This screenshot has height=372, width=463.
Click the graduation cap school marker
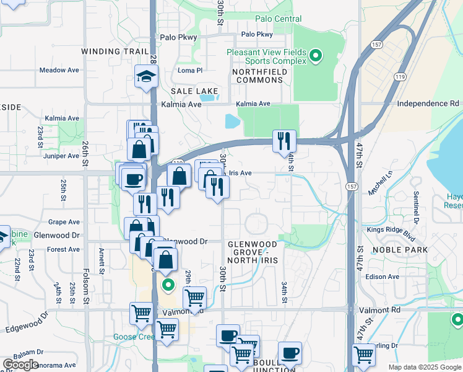[x=147, y=77]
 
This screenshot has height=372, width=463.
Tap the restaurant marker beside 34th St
[x=284, y=139]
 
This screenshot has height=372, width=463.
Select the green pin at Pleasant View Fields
[x=316, y=56]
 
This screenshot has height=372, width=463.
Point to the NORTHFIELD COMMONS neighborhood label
[x=266, y=76]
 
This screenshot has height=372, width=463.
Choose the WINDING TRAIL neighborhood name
[x=115, y=51]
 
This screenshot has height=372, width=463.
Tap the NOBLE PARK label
[x=400, y=250]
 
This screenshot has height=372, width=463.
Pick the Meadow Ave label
[x=59, y=70]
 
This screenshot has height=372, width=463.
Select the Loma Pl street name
[x=190, y=71]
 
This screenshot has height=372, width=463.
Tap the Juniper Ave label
[x=62, y=156]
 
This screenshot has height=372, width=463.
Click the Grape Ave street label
[x=64, y=221]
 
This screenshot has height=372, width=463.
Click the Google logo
[x=20, y=365]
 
